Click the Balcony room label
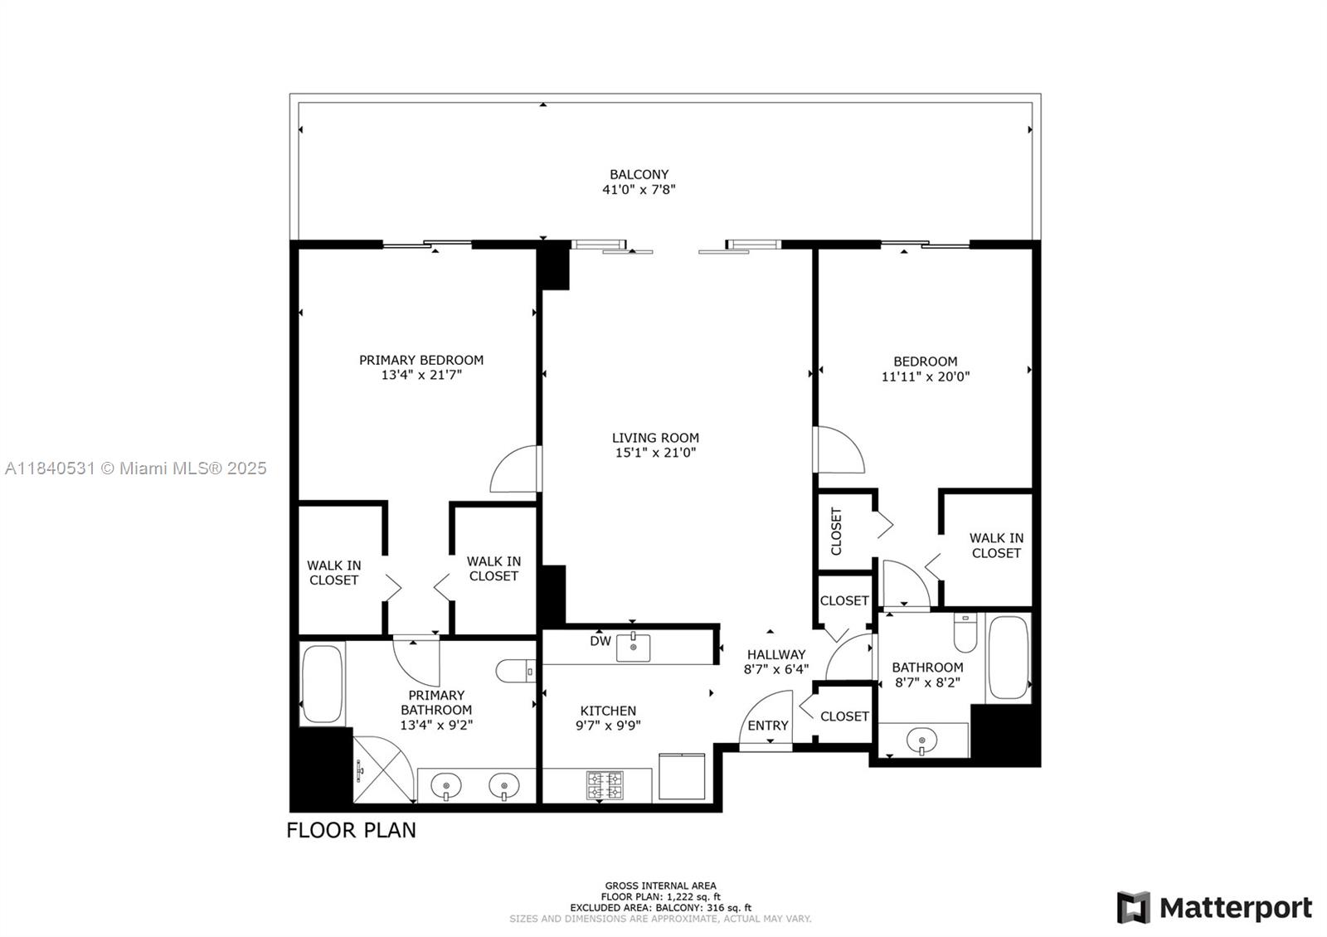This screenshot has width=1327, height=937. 639,175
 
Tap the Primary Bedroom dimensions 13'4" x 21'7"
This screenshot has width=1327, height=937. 421,375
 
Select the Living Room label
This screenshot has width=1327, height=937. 655,438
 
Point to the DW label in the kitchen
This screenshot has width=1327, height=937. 600,641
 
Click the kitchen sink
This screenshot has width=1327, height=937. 633,648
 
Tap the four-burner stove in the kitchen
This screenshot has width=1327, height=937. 605,784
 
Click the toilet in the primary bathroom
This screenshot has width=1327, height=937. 515,671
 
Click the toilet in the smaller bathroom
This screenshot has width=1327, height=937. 965,633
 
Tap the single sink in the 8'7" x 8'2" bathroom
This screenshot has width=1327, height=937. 921,740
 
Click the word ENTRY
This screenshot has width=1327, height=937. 768,726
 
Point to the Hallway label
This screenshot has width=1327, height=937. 776,654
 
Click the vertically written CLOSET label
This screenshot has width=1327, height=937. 836,532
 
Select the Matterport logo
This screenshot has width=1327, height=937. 1214,907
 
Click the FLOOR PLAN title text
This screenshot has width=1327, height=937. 352,830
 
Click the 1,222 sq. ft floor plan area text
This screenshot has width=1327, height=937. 660,896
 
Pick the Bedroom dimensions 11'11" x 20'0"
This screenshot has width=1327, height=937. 926,376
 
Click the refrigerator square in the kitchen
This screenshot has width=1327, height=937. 682,776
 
